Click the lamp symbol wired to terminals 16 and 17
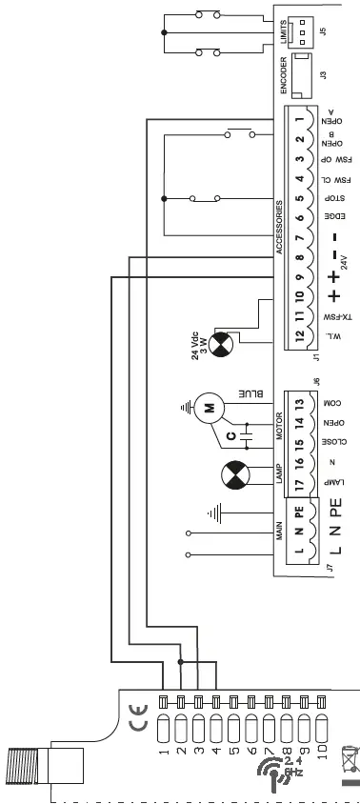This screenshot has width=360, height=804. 234,474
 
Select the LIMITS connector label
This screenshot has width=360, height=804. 283,36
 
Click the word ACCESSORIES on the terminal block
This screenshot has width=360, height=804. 280,228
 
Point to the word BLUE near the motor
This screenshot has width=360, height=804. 247,393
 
